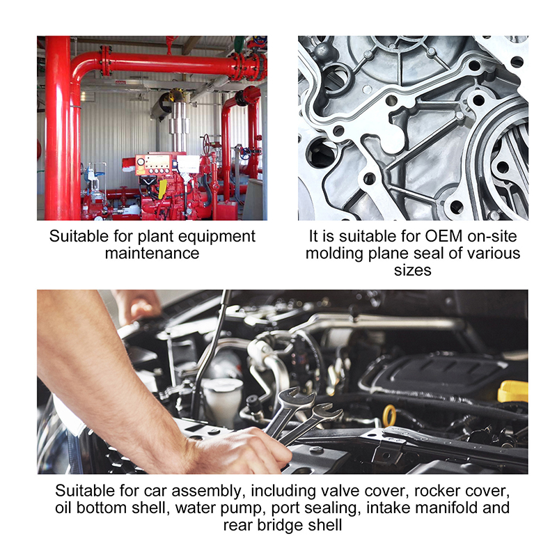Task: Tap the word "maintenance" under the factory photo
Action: pyautogui.click(x=152, y=253)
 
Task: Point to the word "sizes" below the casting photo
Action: pyautogui.click(x=412, y=270)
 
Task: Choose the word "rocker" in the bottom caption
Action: pyautogui.click(x=437, y=491)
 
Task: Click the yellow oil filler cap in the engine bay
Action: pyautogui.click(x=513, y=391)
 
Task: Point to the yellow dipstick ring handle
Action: pyautogui.click(x=390, y=415)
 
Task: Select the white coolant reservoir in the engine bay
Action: pyautogui.click(x=221, y=402)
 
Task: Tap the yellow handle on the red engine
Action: pyautogui.click(x=162, y=189)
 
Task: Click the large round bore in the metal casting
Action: pyautogui.click(x=322, y=153)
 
